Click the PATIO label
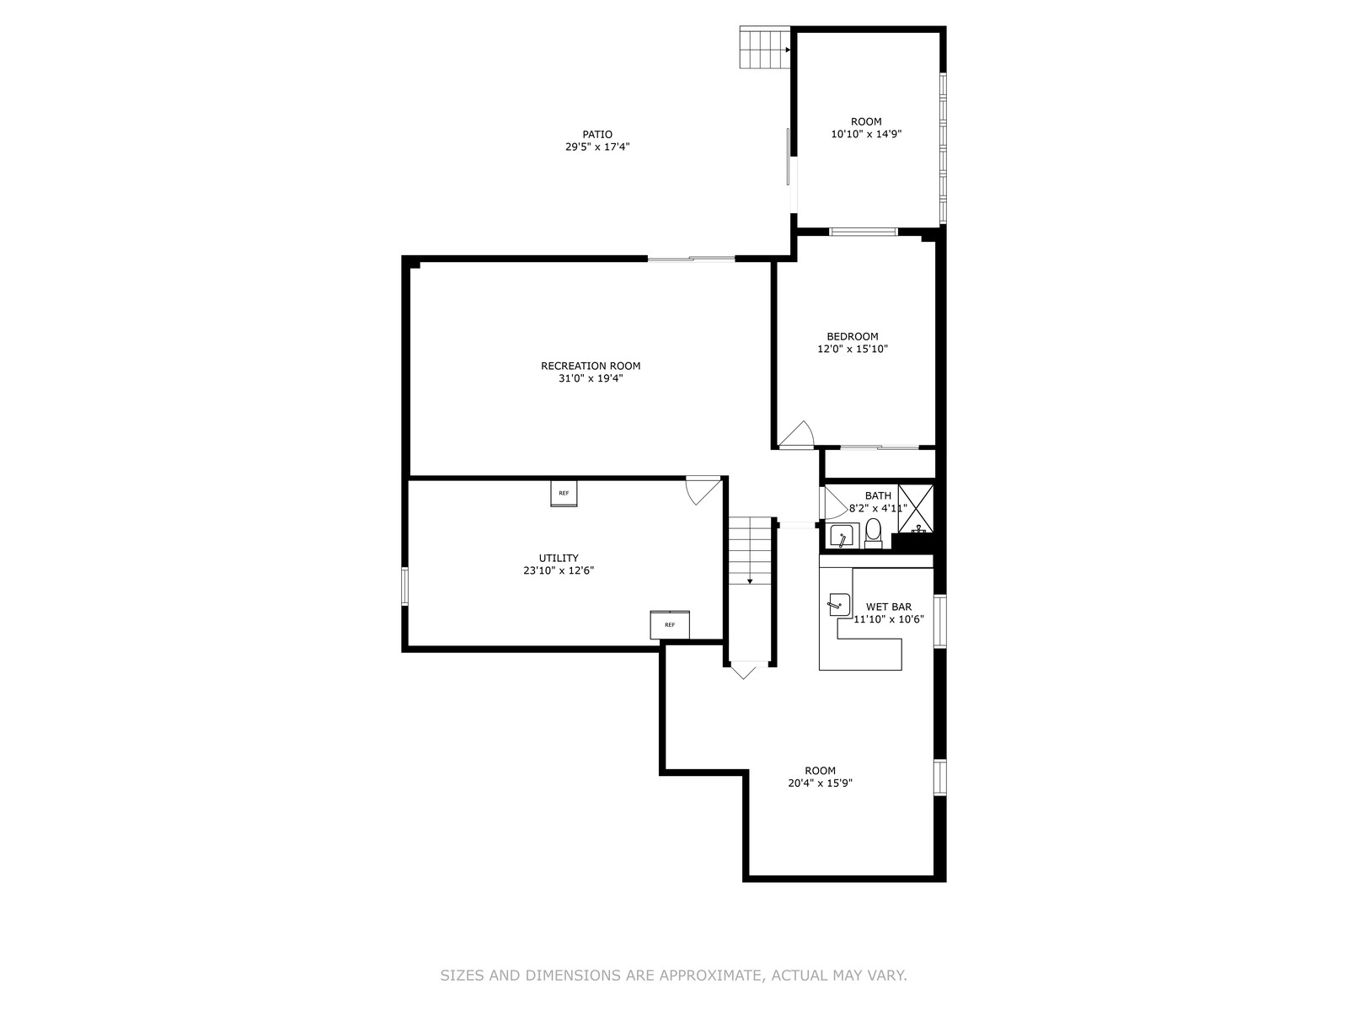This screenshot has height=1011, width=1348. click(x=597, y=135)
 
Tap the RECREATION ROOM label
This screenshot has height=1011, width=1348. click(x=591, y=366)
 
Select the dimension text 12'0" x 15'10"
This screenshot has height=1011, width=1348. click(x=853, y=350)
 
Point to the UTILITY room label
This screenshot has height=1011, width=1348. click(x=559, y=558)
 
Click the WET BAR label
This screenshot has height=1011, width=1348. click(x=889, y=607)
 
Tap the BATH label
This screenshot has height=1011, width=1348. click(x=878, y=495)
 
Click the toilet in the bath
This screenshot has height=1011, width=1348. click(x=873, y=532)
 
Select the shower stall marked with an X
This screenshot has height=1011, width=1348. click(x=916, y=508)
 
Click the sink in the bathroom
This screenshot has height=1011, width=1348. click(x=842, y=536)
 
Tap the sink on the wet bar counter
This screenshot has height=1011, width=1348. click(x=839, y=604)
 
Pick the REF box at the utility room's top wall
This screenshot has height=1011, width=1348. click(x=563, y=494)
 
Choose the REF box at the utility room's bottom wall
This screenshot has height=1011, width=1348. click(x=670, y=625)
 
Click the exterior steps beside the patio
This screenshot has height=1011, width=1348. click(x=765, y=47)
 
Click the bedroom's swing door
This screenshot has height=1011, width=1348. click(x=796, y=434)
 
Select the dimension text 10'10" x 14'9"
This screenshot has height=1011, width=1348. click(x=866, y=135)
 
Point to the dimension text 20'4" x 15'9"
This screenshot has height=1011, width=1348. click(x=820, y=784)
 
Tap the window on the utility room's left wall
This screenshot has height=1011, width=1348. click(x=404, y=586)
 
